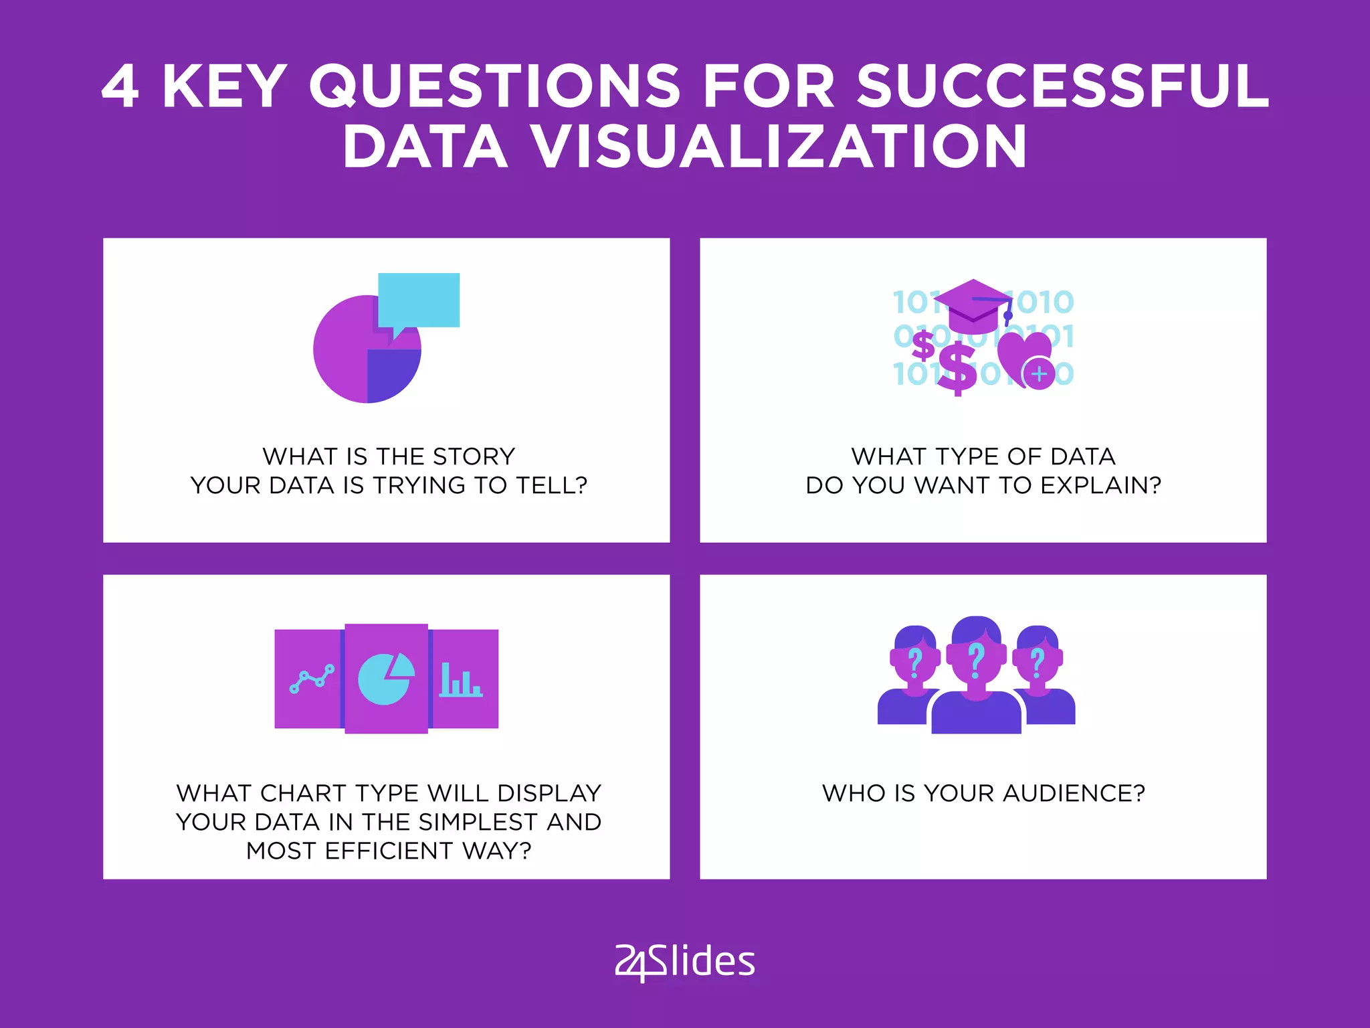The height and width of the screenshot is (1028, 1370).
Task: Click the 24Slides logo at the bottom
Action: coord(685,962)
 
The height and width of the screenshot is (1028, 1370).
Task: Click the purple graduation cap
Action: coord(973,305)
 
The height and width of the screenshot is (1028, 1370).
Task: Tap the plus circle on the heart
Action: coord(1040,373)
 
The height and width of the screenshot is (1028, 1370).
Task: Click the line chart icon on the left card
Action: coord(312,679)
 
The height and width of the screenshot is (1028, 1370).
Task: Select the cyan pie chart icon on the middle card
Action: coord(385,679)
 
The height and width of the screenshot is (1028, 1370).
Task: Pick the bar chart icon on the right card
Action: coord(460,681)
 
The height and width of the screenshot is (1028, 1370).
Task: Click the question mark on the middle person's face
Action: coord(977,659)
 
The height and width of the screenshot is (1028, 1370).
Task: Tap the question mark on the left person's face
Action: coord(915,663)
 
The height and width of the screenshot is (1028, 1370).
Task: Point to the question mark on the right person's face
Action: coord(1038,663)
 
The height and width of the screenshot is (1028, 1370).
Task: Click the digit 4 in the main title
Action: coord(120,86)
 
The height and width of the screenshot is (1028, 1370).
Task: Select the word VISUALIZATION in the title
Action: coord(779,147)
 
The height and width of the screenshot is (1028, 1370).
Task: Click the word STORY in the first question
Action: coord(474,456)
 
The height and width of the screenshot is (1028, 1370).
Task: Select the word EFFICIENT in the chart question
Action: coord(389,851)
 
